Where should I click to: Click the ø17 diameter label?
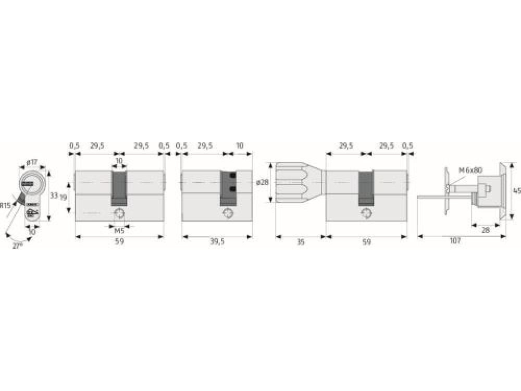click(33, 163)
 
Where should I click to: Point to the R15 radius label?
click(6, 205)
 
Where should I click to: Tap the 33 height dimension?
click(54, 196)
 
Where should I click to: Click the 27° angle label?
click(18, 245)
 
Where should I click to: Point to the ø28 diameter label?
click(262, 182)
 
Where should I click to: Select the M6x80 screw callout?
click(470, 170)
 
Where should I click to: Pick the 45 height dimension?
click(516, 190)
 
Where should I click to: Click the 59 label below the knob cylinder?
click(366, 242)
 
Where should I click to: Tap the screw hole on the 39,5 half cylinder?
click(228, 213)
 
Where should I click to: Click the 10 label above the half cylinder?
click(239, 146)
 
